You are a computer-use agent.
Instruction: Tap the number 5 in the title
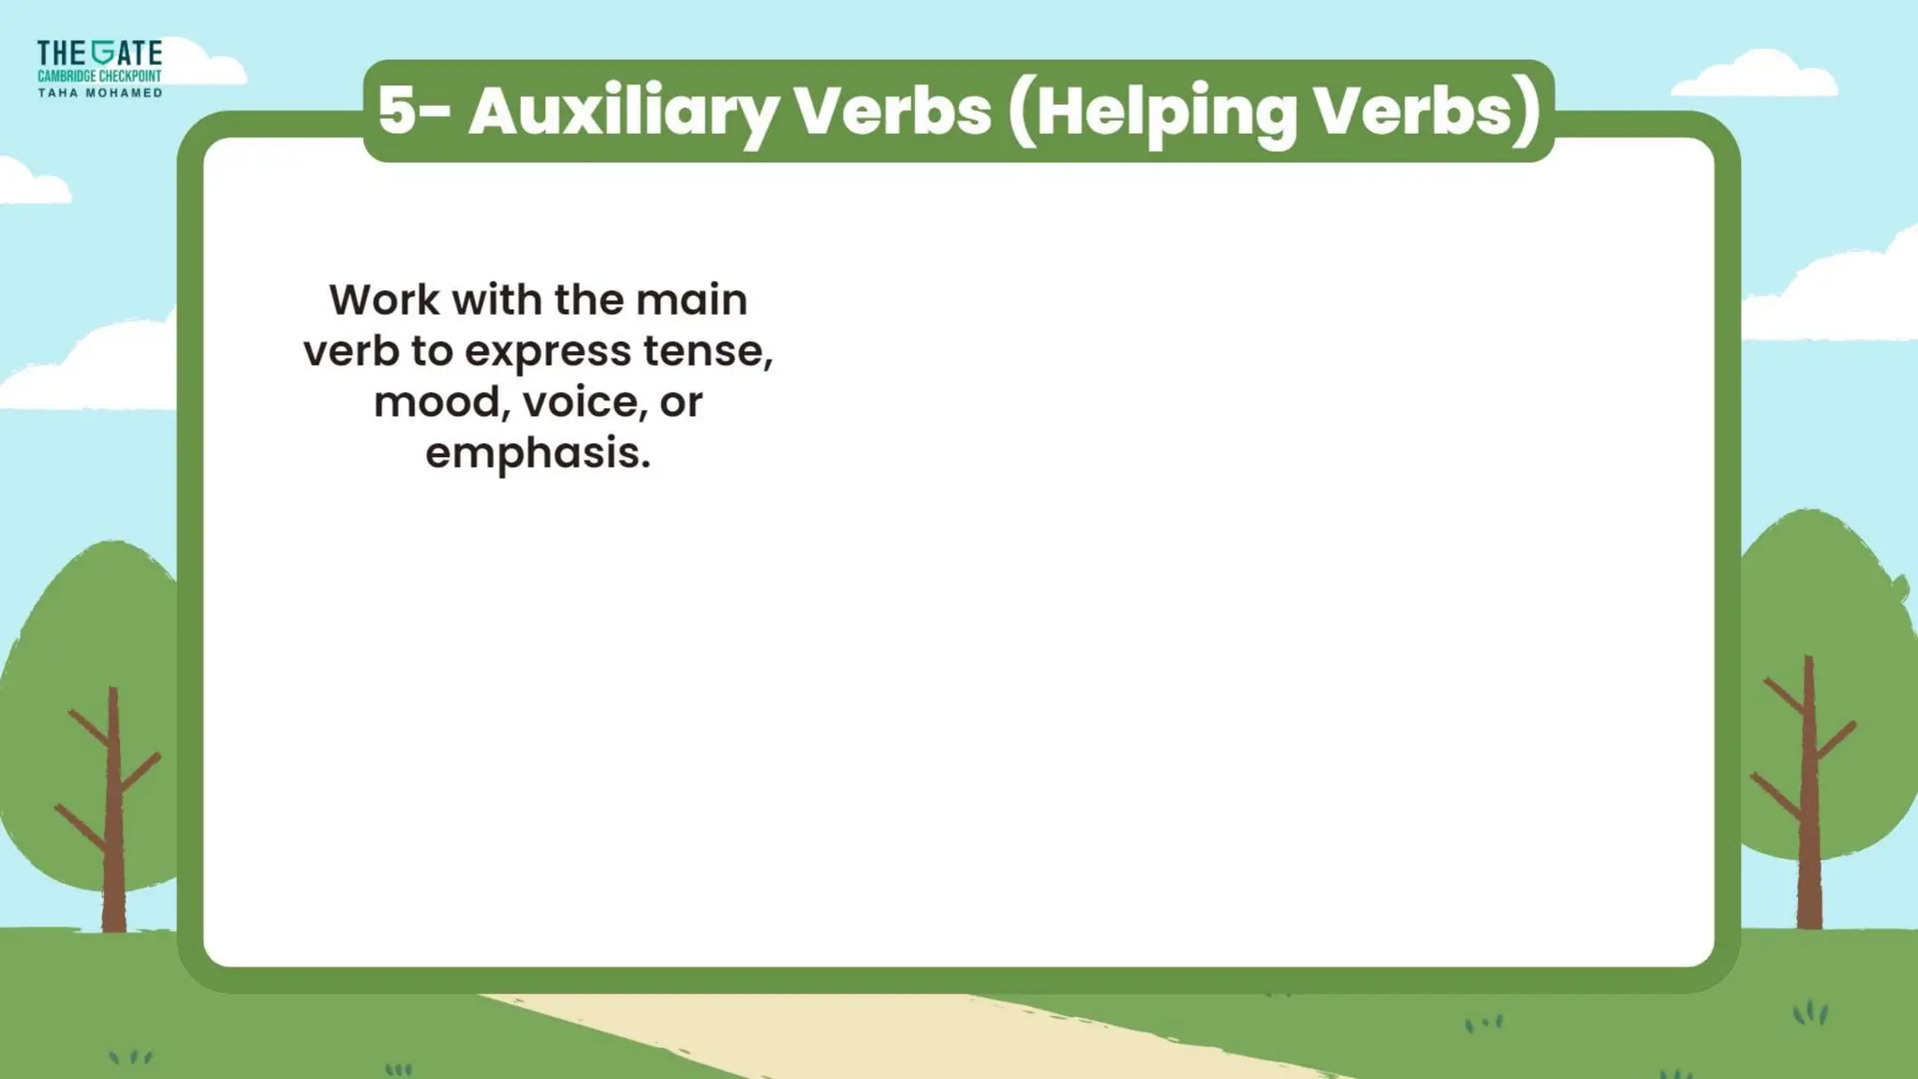click(x=397, y=111)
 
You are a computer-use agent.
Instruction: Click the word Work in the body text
click(x=384, y=301)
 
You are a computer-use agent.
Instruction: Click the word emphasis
click(x=538, y=453)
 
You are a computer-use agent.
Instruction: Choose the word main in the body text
click(x=691, y=301)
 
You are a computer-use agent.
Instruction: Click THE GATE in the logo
click(x=99, y=53)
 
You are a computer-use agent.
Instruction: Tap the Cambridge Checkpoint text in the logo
click(x=99, y=76)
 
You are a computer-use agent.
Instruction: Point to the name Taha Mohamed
click(x=99, y=93)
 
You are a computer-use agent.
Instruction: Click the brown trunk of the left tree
click(x=113, y=843)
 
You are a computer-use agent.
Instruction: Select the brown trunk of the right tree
click(x=1809, y=824)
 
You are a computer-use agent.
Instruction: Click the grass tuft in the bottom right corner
click(x=1810, y=1012)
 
